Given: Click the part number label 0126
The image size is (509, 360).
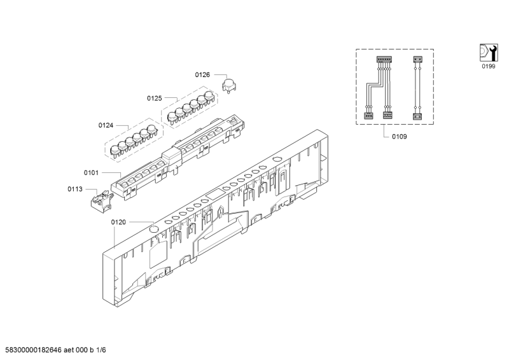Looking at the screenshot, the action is click(202, 75).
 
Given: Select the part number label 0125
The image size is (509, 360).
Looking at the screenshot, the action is click(154, 99).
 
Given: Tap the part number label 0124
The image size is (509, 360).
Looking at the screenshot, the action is click(106, 126).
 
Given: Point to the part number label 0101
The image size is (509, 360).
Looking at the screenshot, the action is click(91, 173).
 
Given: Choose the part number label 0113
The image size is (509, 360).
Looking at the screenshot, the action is click(75, 190).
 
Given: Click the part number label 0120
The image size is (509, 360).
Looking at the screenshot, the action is click(118, 223).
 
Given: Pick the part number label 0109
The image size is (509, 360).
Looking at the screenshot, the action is click(400, 137).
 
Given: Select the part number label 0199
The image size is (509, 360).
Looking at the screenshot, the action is click(488, 67).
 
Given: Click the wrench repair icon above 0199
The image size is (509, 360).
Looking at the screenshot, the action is click(488, 52).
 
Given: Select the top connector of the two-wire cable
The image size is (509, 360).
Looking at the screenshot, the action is click(418, 60).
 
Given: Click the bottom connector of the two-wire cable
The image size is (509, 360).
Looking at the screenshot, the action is click(417, 116).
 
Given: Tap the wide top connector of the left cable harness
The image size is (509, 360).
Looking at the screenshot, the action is click(384, 60).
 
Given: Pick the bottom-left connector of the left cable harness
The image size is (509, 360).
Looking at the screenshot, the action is click(368, 116).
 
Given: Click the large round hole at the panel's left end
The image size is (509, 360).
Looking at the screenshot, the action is click(153, 229).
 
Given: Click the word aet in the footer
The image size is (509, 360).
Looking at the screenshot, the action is click(69, 350).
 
